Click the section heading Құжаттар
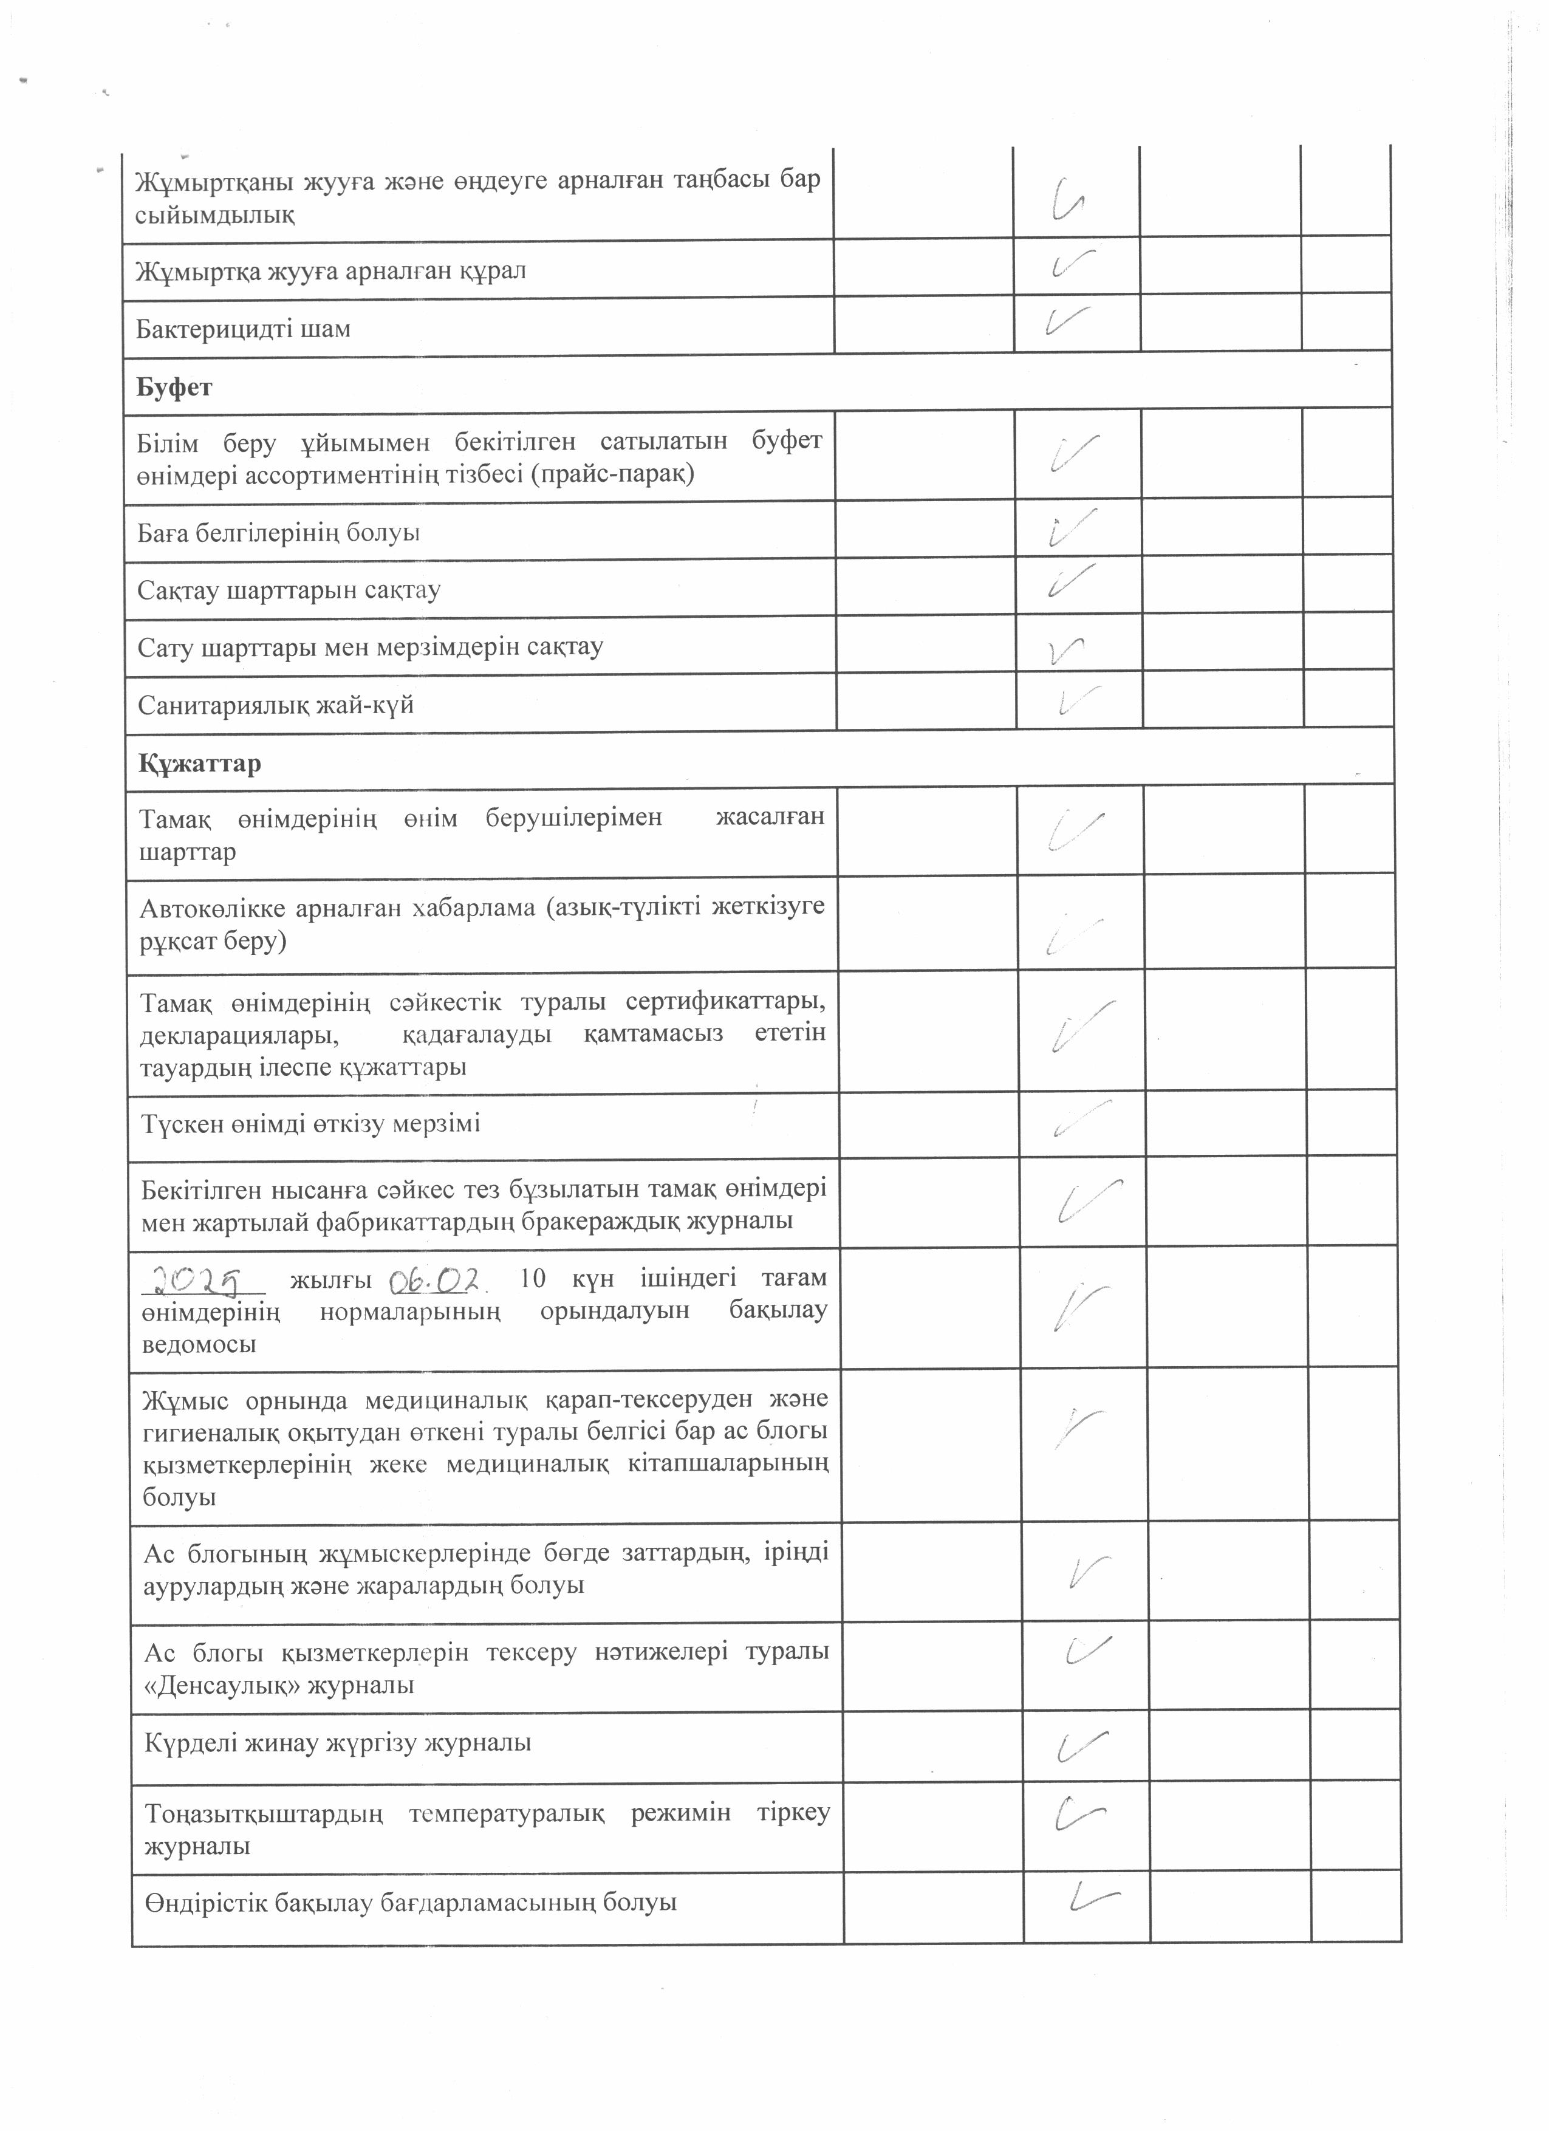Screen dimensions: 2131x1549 199,763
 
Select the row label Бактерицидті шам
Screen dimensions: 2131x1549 244,329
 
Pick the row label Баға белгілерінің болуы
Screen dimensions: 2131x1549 278,533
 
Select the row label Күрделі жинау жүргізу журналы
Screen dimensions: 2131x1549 338,1743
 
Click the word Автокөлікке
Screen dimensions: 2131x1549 212,908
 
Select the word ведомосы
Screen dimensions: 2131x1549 199,1344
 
